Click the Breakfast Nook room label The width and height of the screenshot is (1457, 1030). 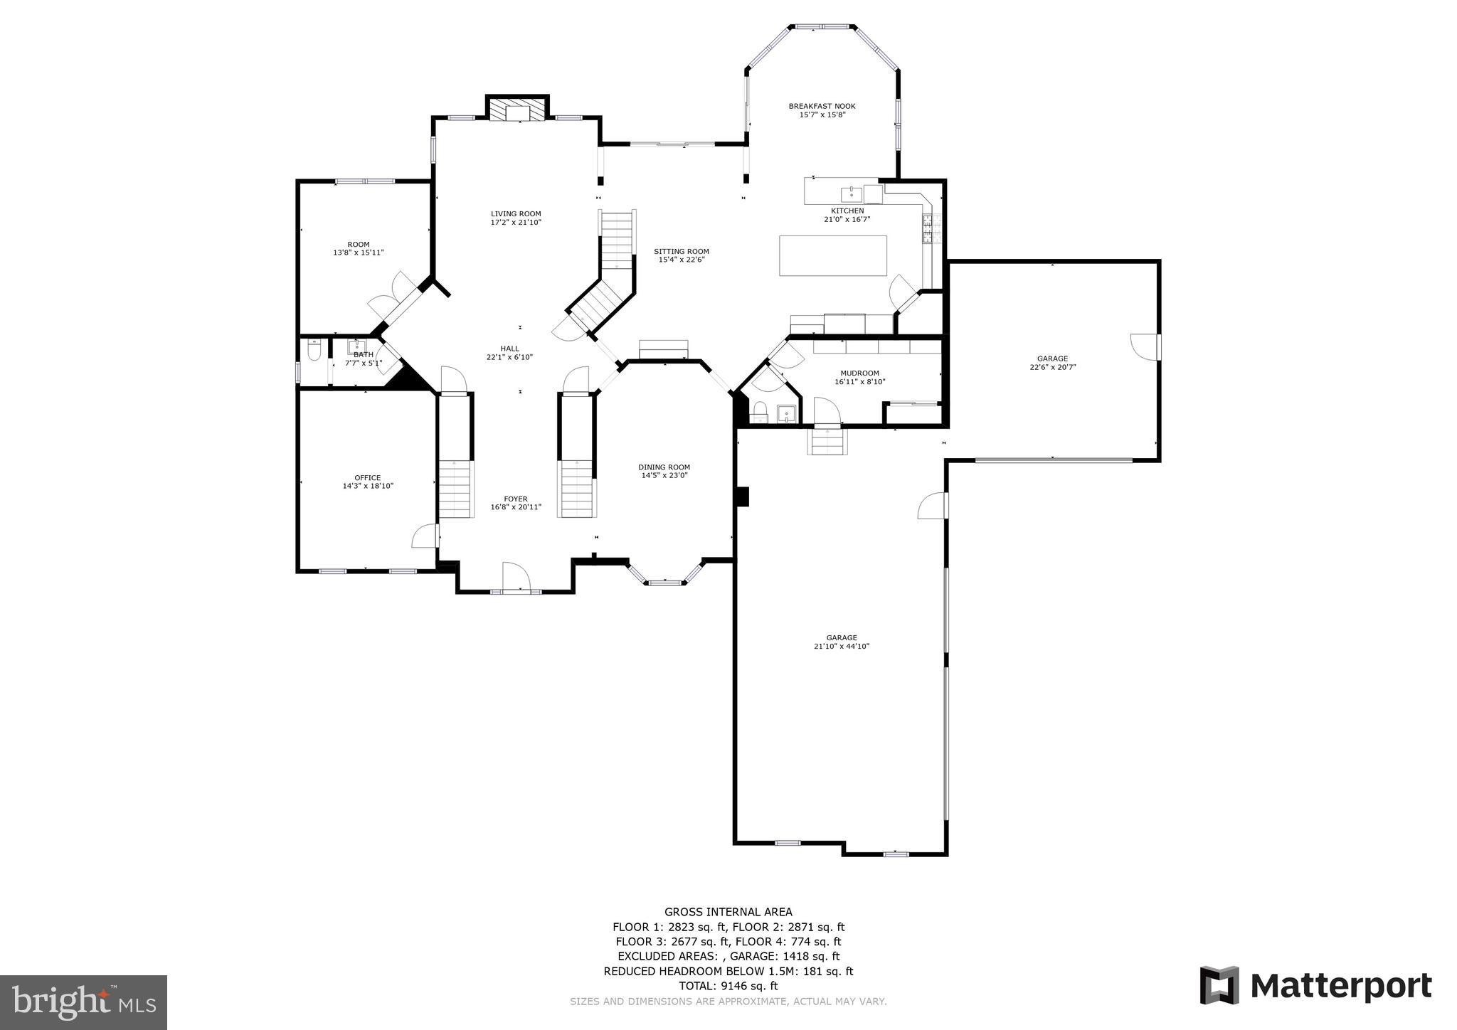(822, 106)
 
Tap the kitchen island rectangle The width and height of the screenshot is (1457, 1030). (833, 255)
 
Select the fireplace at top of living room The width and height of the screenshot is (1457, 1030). (518, 110)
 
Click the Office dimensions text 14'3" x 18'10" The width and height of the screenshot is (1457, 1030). (368, 487)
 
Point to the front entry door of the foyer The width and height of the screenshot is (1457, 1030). (514, 577)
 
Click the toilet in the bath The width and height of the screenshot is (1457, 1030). (314, 351)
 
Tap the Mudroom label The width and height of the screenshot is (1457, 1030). (859, 373)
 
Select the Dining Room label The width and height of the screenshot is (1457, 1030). (664, 467)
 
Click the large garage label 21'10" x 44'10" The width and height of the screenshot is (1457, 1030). (842, 647)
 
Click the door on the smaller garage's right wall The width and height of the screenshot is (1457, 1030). (1144, 346)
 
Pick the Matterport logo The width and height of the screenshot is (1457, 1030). (1315, 986)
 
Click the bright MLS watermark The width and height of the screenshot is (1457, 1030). (84, 1003)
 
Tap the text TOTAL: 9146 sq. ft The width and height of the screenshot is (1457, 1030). (728, 986)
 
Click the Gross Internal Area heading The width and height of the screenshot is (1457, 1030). (728, 912)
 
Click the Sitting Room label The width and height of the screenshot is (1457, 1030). (682, 251)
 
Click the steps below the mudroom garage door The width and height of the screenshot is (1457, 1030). (827, 442)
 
